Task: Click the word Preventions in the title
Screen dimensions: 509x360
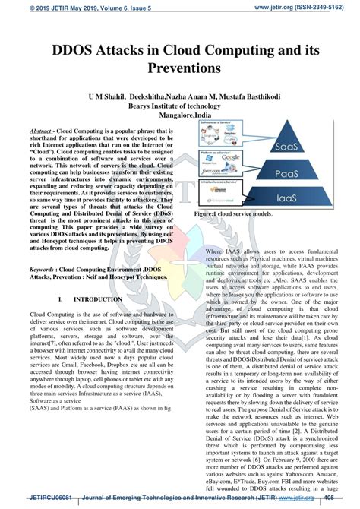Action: coord(180,68)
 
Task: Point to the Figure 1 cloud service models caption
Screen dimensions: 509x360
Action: coord(243,216)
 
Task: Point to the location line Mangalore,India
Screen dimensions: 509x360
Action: coord(179,118)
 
